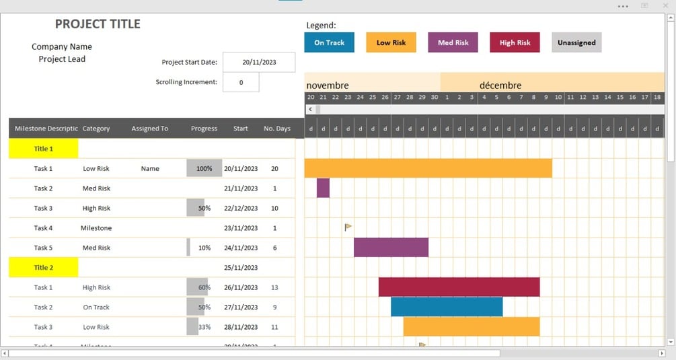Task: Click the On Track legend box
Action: pyautogui.click(x=329, y=42)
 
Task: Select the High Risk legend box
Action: pyautogui.click(x=515, y=42)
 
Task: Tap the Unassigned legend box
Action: pyautogui.click(x=576, y=42)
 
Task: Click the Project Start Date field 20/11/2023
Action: pyautogui.click(x=259, y=62)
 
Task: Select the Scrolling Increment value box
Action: pyautogui.click(x=240, y=82)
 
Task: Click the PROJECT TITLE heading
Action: pyautogui.click(x=98, y=24)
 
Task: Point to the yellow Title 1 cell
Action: pyautogui.click(x=43, y=149)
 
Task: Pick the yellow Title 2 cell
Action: pyautogui.click(x=43, y=267)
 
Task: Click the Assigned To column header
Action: pyautogui.click(x=149, y=129)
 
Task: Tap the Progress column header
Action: pyautogui.click(x=204, y=129)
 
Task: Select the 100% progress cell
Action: pyautogui.click(x=204, y=168)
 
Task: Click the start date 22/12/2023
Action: pyautogui.click(x=241, y=208)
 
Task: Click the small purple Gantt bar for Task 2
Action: pyautogui.click(x=323, y=188)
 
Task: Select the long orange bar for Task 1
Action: pyautogui.click(x=428, y=168)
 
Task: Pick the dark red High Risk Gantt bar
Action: pyautogui.click(x=459, y=287)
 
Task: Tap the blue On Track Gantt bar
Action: pyautogui.click(x=447, y=307)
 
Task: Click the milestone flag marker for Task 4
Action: pyautogui.click(x=348, y=227)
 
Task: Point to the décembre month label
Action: pyautogui.click(x=500, y=85)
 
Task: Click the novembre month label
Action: pyautogui.click(x=328, y=85)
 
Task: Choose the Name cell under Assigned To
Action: pyautogui.click(x=150, y=168)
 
